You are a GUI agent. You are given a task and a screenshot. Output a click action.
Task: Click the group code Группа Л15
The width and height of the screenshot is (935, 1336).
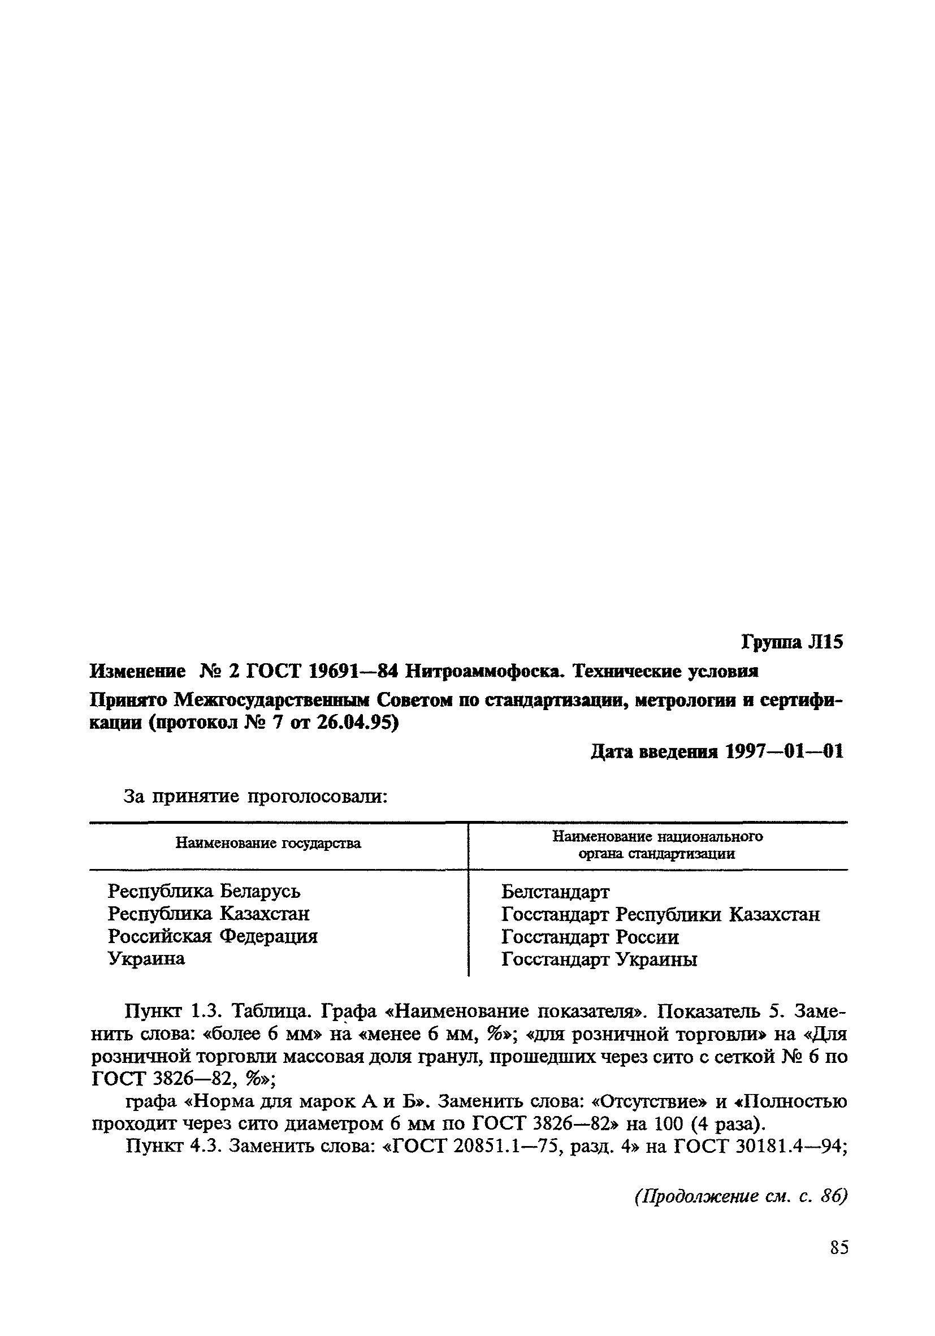[792, 642]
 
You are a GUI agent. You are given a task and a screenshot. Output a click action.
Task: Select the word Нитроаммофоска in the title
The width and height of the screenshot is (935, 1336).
[485, 672]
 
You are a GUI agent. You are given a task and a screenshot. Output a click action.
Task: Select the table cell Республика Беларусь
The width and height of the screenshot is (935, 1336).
[204, 891]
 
